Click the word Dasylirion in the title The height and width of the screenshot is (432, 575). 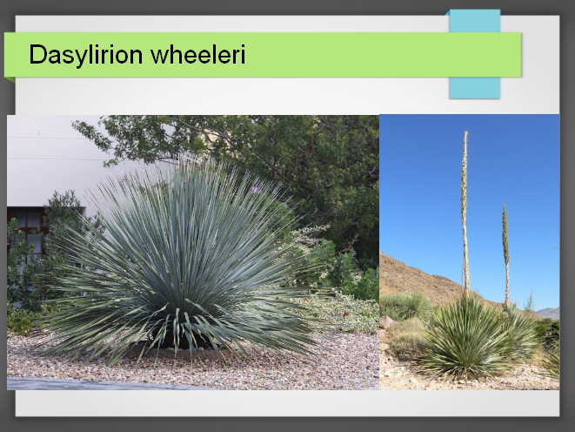point(85,54)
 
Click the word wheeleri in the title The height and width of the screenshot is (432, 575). point(197,54)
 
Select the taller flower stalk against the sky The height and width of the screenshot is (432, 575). point(465,213)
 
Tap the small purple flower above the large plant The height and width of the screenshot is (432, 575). point(255,190)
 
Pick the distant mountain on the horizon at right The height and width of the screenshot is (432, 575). point(549,313)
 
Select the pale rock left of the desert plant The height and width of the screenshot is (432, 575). point(386,322)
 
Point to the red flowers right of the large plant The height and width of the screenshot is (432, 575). point(344,314)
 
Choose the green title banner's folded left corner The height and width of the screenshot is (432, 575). point(10,79)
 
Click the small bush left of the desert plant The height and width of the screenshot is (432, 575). point(406,306)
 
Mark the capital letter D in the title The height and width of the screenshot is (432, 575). point(37,54)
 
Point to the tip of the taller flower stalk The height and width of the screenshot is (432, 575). point(465,132)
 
